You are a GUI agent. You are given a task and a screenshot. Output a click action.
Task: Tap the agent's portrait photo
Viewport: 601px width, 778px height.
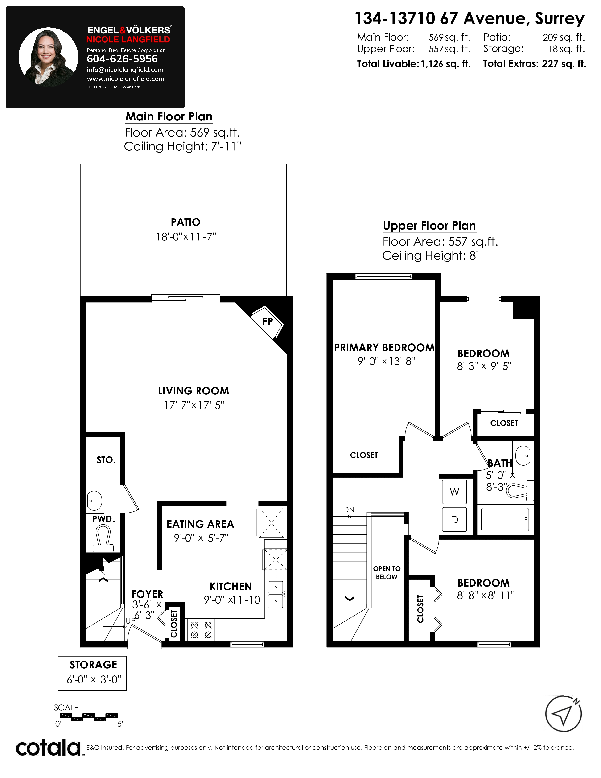point(48,57)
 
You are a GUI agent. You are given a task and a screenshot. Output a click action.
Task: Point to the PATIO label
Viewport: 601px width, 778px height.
point(185,222)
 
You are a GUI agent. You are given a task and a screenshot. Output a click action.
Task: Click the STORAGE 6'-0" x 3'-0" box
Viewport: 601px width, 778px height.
point(92,673)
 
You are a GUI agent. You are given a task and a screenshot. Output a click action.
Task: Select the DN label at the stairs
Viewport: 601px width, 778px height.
point(349,510)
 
